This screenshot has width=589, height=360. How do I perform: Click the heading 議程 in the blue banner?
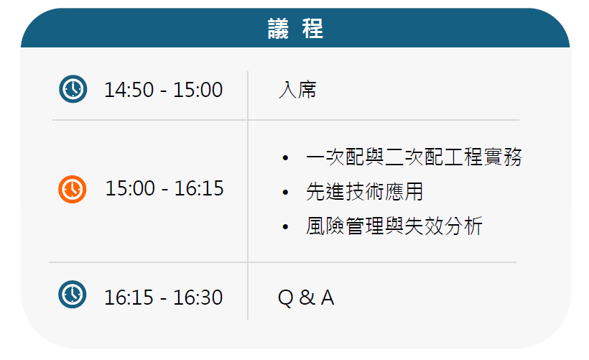click(x=295, y=29)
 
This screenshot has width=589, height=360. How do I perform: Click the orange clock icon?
click(x=72, y=190)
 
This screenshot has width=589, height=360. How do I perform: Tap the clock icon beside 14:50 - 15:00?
click(x=73, y=89)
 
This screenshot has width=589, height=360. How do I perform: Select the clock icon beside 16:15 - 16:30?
click(x=72, y=294)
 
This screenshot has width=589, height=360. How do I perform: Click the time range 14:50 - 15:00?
click(x=163, y=91)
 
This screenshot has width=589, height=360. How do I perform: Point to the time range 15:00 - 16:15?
click(x=164, y=188)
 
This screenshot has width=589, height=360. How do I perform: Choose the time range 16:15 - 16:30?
click(x=163, y=297)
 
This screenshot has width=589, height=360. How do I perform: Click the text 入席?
click(x=297, y=91)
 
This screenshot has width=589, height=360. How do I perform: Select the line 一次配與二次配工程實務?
click(x=414, y=157)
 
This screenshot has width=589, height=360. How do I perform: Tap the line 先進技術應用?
click(x=364, y=192)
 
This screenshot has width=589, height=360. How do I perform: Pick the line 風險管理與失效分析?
click(x=394, y=226)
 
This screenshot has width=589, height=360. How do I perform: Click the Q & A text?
click(x=306, y=298)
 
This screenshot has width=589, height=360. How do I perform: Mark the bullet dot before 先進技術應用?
click(x=285, y=193)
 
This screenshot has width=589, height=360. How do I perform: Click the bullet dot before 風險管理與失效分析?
click(x=285, y=227)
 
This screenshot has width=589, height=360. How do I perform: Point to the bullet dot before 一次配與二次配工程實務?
click(x=285, y=158)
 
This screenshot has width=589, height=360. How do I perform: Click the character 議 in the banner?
click(x=279, y=29)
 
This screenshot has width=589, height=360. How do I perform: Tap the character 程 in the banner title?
click(x=312, y=29)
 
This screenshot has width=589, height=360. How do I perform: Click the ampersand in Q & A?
click(x=307, y=297)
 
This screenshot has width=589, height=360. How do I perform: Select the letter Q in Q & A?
click(x=285, y=298)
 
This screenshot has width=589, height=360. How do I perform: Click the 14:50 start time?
click(x=129, y=91)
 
